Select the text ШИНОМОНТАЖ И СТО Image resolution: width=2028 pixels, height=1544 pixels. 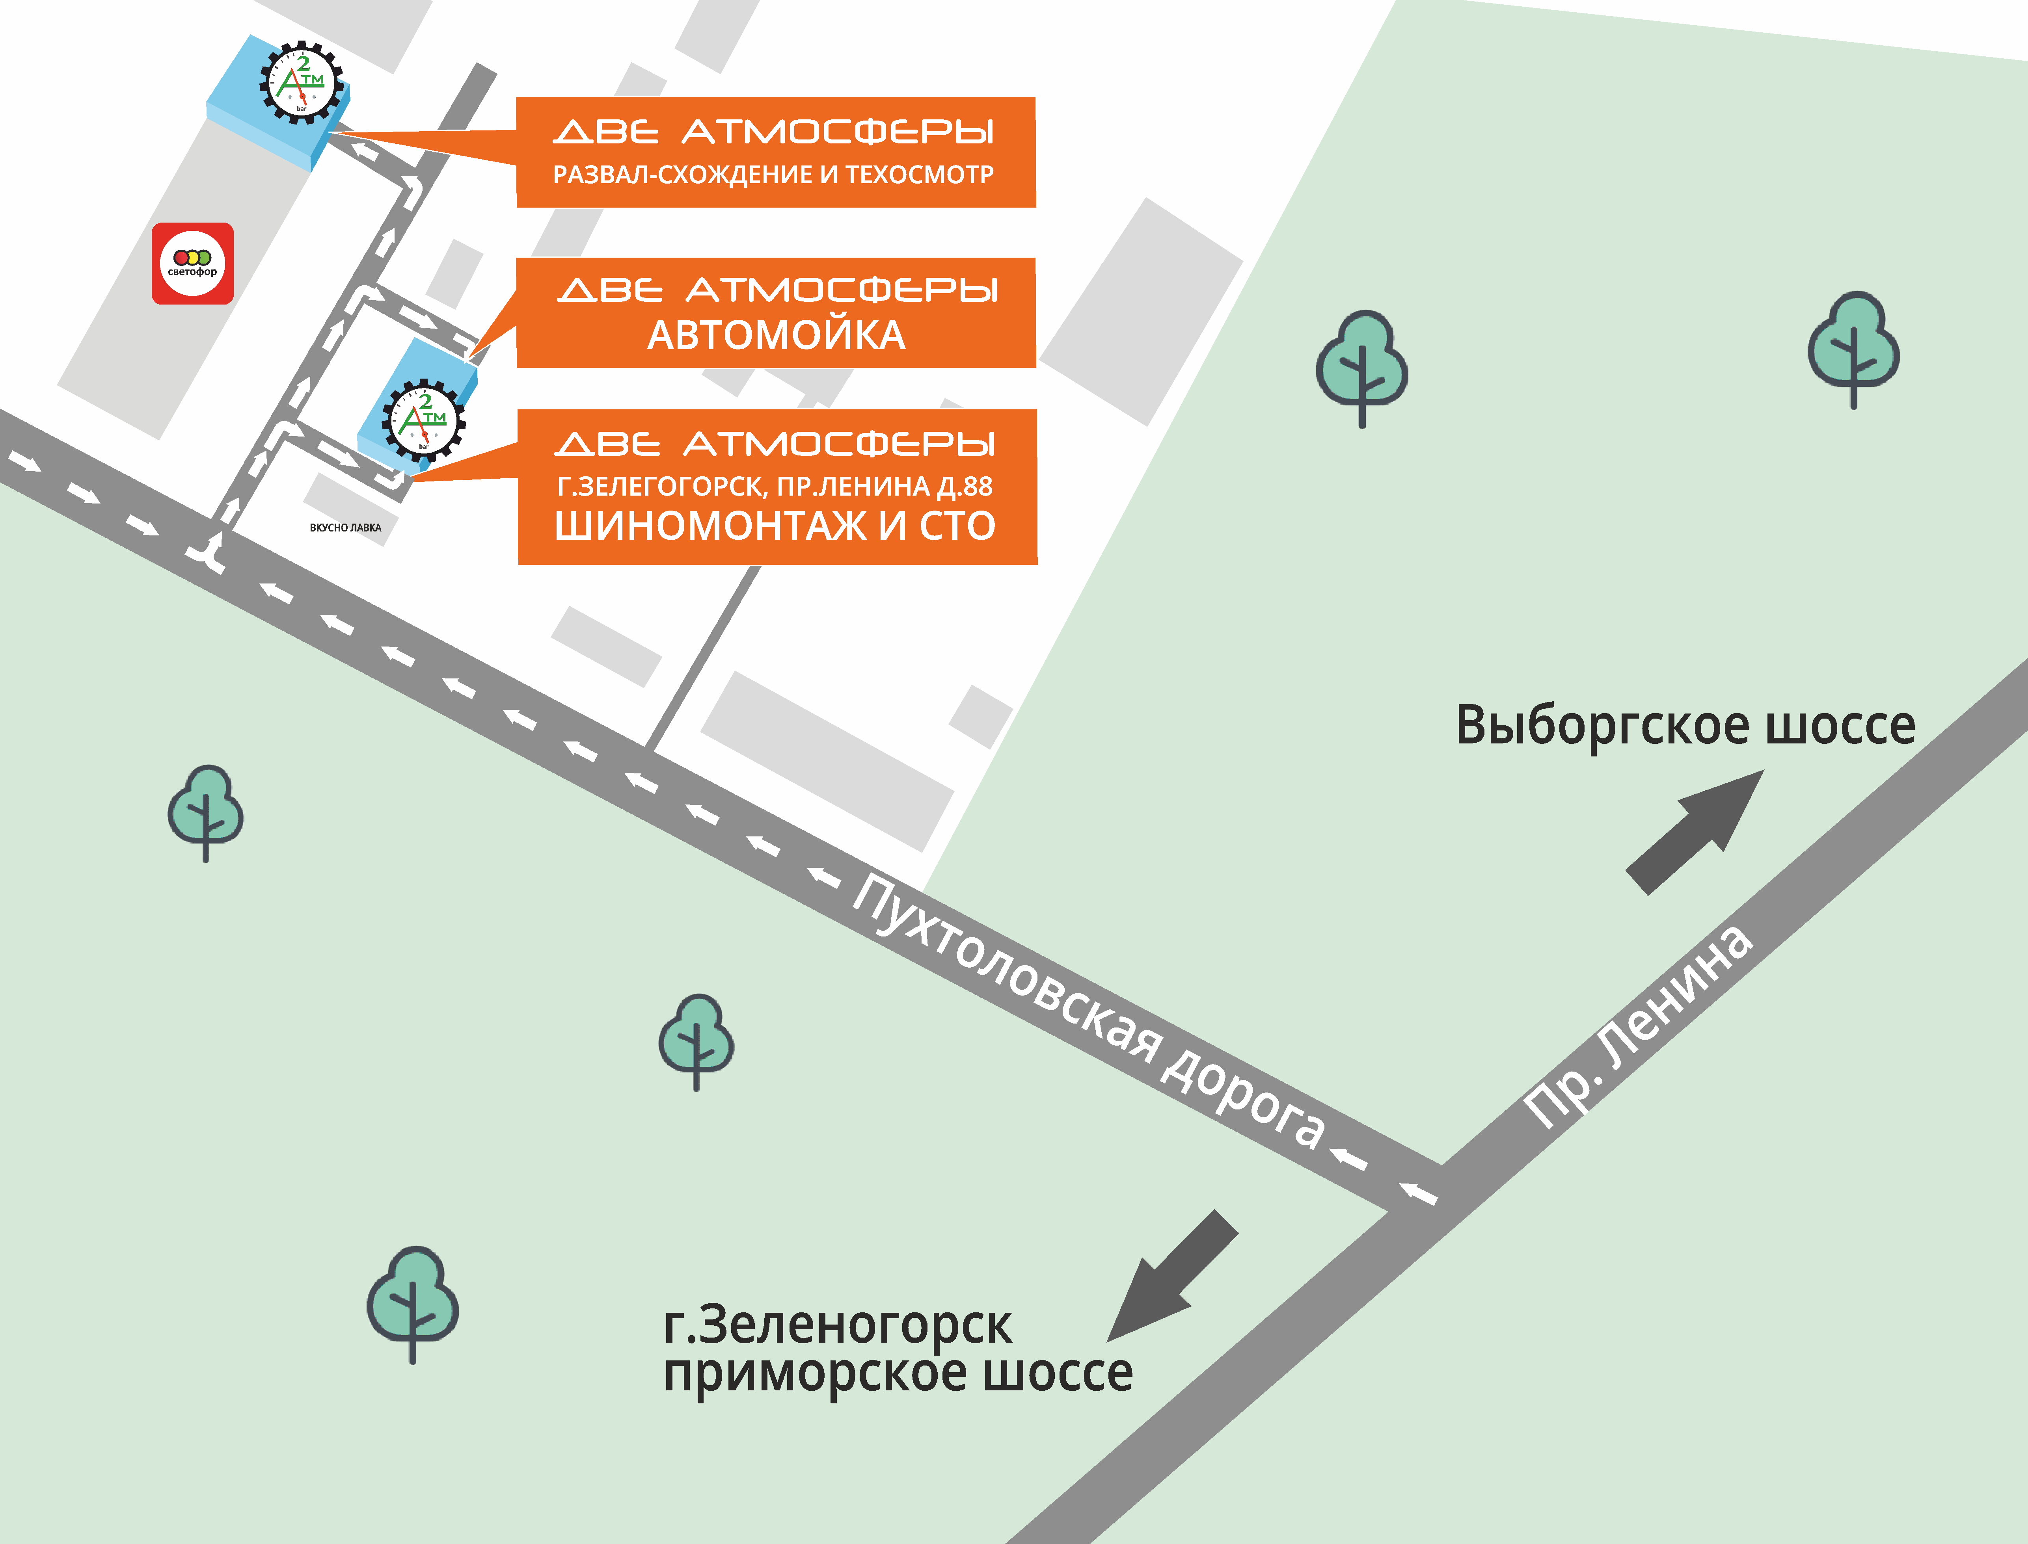click(775, 526)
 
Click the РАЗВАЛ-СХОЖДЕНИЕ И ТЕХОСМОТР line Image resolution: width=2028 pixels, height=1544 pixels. click(773, 175)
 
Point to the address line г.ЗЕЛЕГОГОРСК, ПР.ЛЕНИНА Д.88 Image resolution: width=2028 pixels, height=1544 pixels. click(775, 486)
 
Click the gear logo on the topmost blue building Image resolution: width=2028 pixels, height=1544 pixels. click(302, 83)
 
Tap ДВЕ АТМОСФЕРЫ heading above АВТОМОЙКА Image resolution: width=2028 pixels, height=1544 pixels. click(777, 290)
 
